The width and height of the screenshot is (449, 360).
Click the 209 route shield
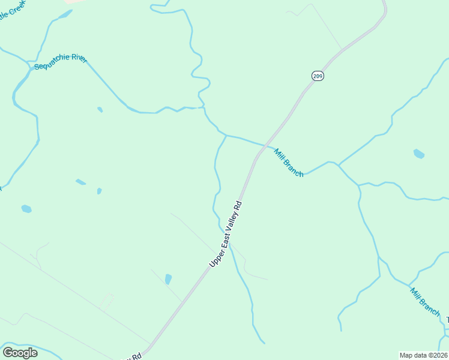click(318, 76)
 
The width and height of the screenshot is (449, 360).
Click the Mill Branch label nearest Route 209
click(289, 162)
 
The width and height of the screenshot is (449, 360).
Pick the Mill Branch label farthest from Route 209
click(425, 301)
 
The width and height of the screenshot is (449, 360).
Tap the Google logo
click(20, 352)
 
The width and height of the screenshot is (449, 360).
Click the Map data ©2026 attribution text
click(423, 355)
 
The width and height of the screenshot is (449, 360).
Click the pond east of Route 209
click(419, 154)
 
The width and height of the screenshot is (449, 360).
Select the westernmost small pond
click(26, 209)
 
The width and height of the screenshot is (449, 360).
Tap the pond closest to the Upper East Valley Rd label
click(168, 279)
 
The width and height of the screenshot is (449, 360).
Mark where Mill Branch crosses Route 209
click(265, 145)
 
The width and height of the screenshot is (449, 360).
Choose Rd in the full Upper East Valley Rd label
click(239, 205)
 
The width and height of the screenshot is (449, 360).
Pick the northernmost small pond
click(100, 110)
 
